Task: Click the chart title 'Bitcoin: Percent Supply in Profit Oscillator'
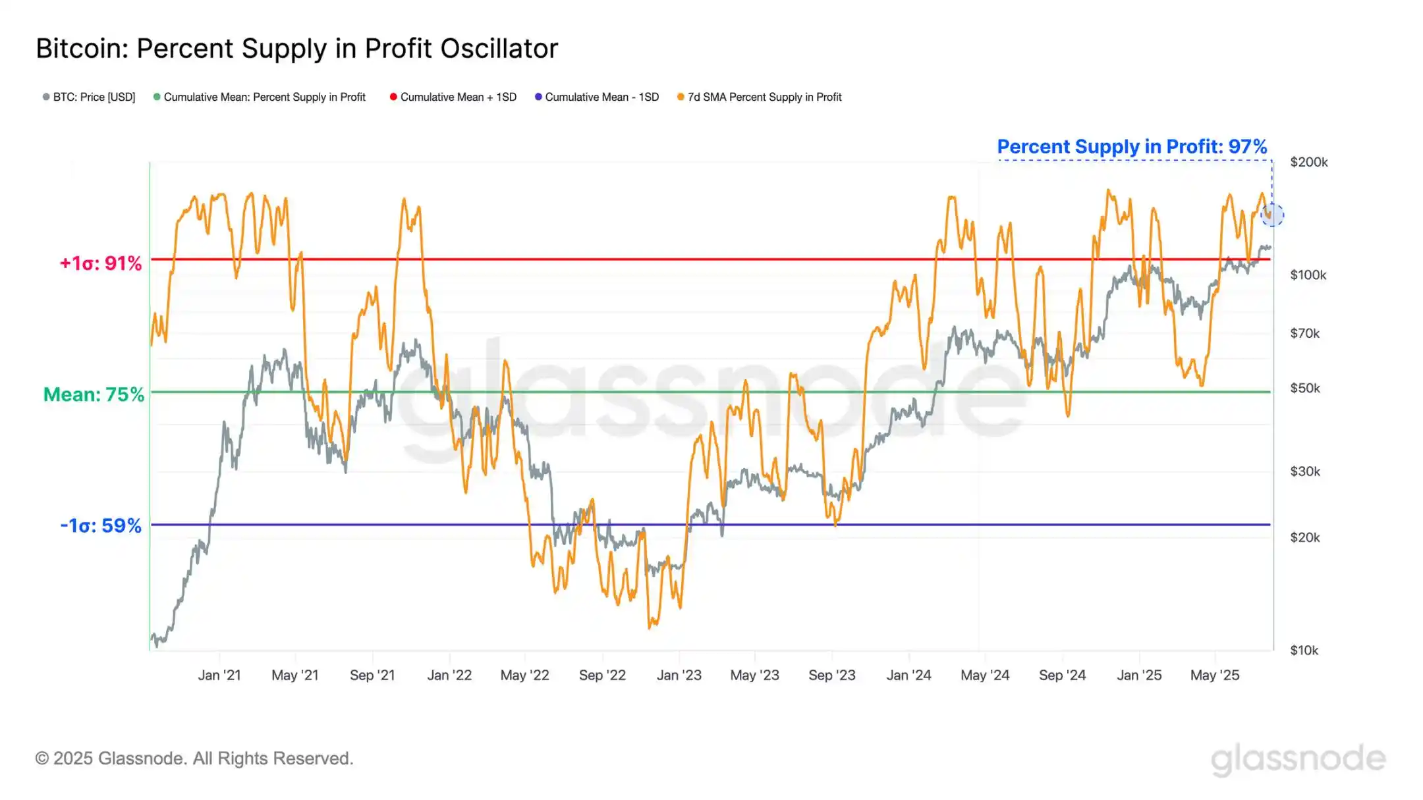[296, 49]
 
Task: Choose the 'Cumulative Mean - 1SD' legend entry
[597, 97]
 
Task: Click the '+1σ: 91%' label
[101, 263]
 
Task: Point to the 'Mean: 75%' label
[94, 394]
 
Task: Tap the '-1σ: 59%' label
[101, 525]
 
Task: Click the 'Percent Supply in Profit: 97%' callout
[1132, 146]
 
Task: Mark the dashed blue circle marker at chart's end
[1272, 215]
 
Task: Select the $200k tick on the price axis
[1308, 162]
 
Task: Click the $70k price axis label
[1304, 334]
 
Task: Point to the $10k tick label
[1304, 651]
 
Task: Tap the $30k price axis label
[1304, 471]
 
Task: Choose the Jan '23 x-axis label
[679, 676]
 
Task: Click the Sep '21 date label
[372, 676]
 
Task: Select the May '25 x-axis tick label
[1214, 676]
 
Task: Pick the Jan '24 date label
[908, 676]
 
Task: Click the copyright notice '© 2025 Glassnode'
[194, 759]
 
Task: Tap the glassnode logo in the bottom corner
[1298, 759]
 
